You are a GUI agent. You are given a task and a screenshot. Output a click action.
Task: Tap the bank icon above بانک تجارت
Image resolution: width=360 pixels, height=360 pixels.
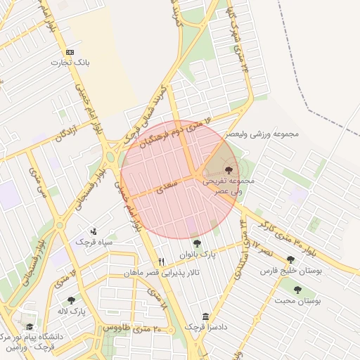coord(70,53)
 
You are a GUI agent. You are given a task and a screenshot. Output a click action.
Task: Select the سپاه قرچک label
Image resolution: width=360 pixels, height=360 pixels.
coord(95,242)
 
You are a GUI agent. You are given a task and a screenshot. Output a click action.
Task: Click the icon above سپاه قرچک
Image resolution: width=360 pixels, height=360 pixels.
coord(94,231)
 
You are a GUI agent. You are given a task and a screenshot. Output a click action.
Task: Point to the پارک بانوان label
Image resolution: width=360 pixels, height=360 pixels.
coord(197,255)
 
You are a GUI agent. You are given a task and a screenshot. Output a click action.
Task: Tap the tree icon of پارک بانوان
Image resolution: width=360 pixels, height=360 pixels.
coord(196,244)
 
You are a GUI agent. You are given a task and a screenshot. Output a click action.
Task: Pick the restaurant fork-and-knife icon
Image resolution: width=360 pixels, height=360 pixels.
coord(161,262)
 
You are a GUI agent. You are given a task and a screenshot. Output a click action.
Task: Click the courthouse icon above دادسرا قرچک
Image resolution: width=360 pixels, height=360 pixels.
coord(205,316)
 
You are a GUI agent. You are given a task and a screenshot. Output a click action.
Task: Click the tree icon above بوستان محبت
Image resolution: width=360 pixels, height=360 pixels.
coord(298,290)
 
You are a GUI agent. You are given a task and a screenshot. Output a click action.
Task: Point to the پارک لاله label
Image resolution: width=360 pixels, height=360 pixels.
coord(72,311)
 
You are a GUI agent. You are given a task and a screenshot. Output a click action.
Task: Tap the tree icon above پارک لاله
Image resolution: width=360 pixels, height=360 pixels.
coord(71,300)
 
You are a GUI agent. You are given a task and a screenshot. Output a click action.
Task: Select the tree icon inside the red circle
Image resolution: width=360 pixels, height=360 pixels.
coord(229,169)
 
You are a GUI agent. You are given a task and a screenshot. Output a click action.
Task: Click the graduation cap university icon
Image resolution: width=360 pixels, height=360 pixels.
coord(30,326)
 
